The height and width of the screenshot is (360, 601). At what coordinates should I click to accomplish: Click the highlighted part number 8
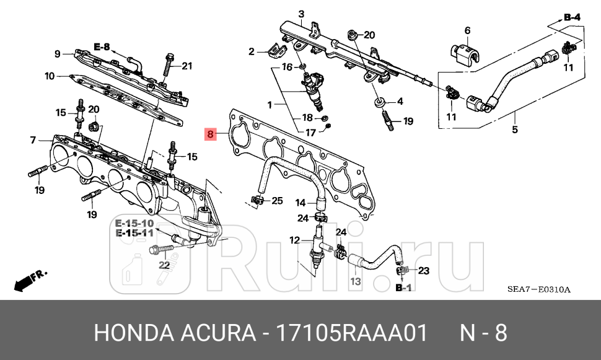[x=210, y=133]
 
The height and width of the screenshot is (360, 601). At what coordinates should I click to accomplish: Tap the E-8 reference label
[x=102, y=46]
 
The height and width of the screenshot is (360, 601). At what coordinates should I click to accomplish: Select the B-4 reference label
[x=572, y=19]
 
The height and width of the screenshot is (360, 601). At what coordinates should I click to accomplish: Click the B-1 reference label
[x=403, y=288]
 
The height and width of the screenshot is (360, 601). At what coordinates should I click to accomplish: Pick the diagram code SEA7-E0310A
[x=538, y=289]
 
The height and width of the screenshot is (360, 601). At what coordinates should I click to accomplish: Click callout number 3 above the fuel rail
[x=301, y=14]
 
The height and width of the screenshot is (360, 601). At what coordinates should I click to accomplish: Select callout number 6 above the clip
[x=467, y=30]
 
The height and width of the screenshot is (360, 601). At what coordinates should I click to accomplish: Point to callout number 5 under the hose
[x=514, y=130]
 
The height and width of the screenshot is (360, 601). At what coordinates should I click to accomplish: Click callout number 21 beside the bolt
[x=187, y=66]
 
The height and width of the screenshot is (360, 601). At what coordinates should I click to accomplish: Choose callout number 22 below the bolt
[x=164, y=265]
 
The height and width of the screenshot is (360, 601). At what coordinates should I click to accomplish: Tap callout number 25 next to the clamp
[x=276, y=200]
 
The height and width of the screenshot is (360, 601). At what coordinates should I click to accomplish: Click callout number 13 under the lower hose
[x=355, y=281]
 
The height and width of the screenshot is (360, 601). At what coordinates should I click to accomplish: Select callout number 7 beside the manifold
[x=33, y=141]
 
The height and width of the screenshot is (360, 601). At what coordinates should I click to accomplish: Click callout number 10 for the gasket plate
[x=50, y=77]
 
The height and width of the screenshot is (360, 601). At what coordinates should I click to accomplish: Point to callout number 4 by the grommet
[x=400, y=101]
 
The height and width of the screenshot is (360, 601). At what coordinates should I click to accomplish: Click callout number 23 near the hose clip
[x=424, y=270]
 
